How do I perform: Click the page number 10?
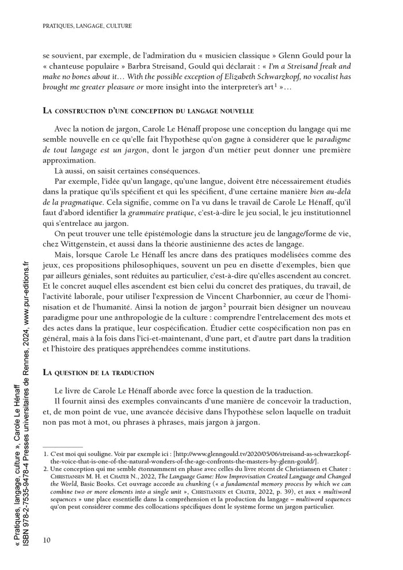click(x=47, y=539)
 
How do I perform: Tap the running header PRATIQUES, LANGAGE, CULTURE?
click(x=88, y=26)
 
